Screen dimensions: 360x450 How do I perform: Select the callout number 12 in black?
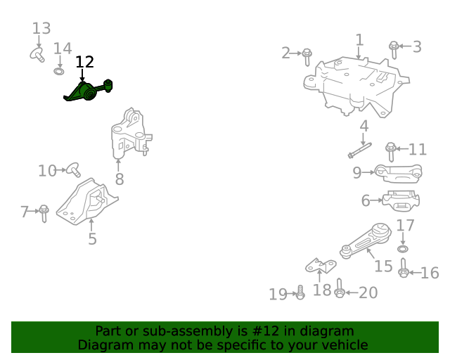click(84, 62)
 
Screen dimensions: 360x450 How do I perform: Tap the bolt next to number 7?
click(44, 212)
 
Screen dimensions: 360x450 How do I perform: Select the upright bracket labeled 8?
click(129, 136)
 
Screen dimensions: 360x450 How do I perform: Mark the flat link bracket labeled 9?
click(397, 172)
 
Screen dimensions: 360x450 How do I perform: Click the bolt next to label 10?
click(72, 169)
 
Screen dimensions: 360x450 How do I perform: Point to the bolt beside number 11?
click(391, 150)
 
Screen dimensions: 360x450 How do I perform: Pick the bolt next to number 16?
click(404, 270)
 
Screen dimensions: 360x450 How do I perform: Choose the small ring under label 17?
click(402, 249)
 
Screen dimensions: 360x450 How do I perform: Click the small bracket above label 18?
click(321, 265)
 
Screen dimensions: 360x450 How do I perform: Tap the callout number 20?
click(368, 292)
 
